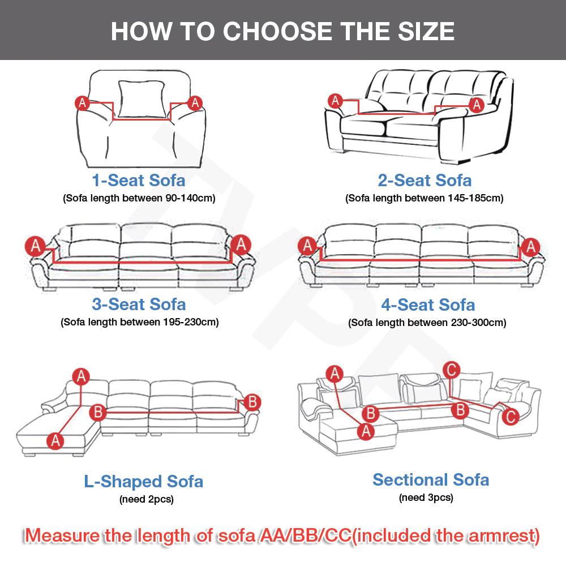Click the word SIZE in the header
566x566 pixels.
[426, 31]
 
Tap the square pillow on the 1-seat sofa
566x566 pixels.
[141, 99]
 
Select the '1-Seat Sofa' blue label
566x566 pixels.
[139, 180]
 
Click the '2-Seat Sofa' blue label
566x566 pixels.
[424, 180]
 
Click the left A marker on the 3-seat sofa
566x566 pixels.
[35, 246]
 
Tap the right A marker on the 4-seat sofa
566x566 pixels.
[530, 247]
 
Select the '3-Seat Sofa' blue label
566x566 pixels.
[139, 305]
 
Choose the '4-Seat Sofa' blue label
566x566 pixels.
[428, 305]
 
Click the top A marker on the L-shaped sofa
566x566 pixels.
[81, 376]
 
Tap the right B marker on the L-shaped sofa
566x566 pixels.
[252, 402]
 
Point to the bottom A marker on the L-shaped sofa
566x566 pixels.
[55, 441]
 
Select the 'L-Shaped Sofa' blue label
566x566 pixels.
[144, 482]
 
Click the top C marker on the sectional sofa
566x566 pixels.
[451, 370]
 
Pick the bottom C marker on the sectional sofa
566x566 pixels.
[510, 417]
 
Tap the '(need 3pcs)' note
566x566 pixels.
[426, 498]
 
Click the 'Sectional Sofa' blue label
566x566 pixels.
[431, 480]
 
